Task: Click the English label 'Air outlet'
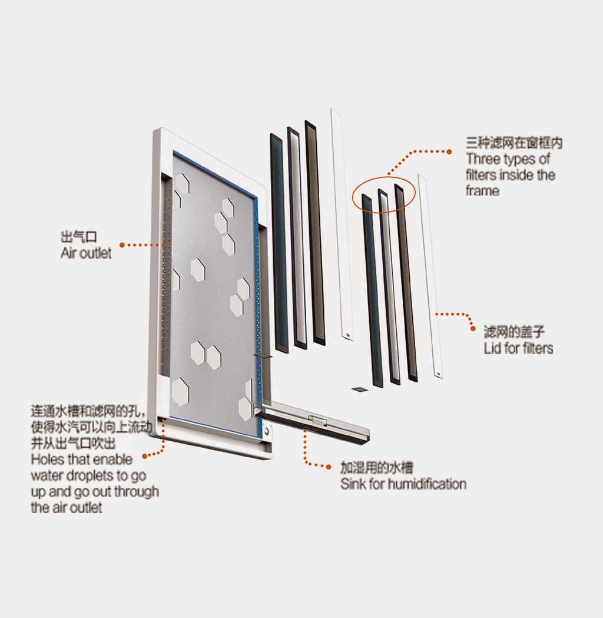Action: pyautogui.click(x=85, y=253)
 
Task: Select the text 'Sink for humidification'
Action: pyautogui.click(x=403, y=484)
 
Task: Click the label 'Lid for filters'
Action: pyautogui.click(x=518, y=348)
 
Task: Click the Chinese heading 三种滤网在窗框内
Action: pyautogui.click(x=514, y=143)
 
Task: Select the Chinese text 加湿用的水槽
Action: pyautogui.click(x=377, y=468)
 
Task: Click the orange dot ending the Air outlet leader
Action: pyautogui.click(x=121, y=244)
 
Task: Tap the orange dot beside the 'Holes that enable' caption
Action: pyautogui.click(x=145, y=455)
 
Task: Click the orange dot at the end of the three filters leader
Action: pyautogui.click(x=449, y=151)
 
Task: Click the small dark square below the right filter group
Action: pyautogui.click(x=358, y=389)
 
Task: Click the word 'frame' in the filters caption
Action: pyautogui.click(x=482, y=191)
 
